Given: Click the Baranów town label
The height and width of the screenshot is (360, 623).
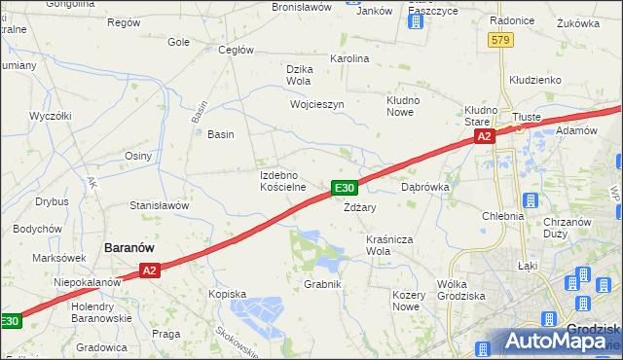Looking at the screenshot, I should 134,248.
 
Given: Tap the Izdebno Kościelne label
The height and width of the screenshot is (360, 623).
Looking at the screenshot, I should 283,180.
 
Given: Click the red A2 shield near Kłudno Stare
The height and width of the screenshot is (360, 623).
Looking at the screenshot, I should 485,138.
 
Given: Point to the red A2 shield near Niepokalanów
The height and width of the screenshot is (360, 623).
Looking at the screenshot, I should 148,271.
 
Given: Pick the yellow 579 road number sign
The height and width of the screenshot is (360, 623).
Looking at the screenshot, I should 500,39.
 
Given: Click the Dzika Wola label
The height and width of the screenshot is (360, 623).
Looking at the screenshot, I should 298,74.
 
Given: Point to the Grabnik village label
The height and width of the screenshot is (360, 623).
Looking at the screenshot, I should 322,284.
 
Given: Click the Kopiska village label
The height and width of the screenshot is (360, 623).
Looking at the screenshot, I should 228,293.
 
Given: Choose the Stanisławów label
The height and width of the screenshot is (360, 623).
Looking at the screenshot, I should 159,205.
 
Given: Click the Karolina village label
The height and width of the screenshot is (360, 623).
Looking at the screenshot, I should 350,58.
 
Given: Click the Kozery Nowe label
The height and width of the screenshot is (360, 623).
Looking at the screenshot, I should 405,300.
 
